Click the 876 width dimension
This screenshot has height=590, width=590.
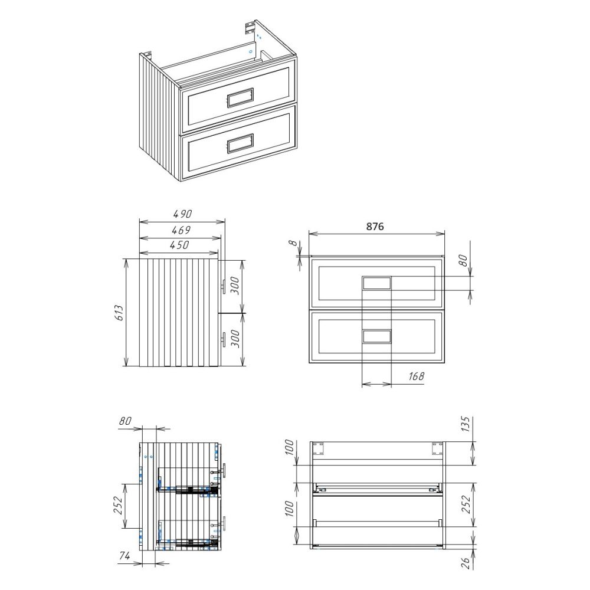375,227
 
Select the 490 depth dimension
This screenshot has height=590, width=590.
182,214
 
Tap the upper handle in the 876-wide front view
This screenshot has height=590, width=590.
376,284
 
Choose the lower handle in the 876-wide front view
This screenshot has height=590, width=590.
376,336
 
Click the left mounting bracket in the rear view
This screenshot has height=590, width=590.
319,448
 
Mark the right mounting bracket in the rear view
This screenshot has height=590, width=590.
437,448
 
